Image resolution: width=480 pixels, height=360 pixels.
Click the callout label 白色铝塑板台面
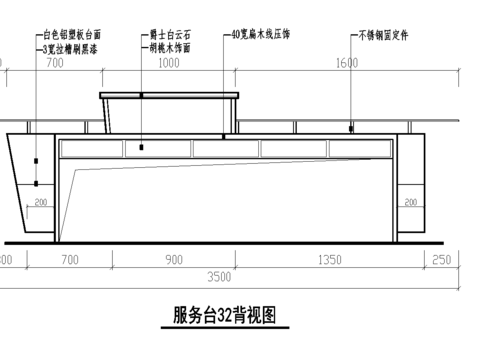click(x=72, y=34)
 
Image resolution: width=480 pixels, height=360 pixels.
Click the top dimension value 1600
click(x=347, y=63)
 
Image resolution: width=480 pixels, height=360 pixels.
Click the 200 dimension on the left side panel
click(x=41, y=203)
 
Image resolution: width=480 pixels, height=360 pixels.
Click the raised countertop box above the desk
click(x=171, y=114)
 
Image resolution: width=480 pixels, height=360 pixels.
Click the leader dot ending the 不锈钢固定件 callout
click(x=350, y=129)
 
